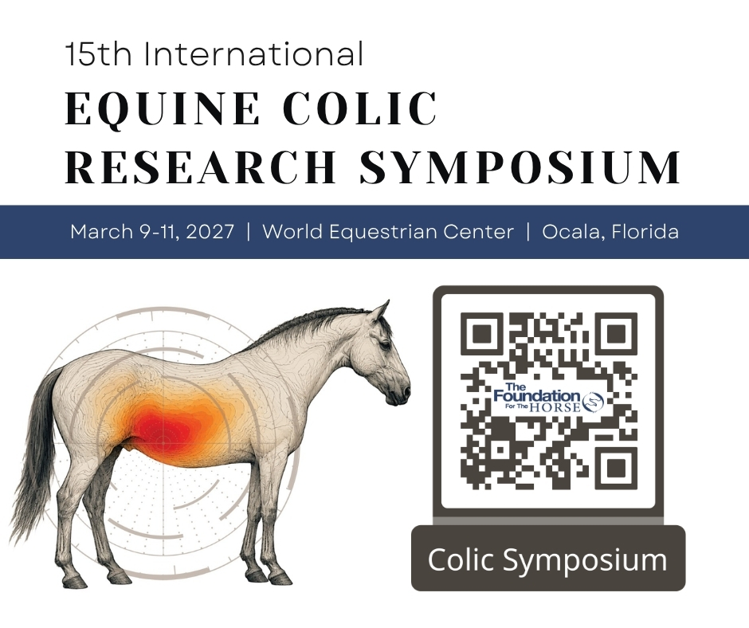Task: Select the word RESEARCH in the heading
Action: (201, 167)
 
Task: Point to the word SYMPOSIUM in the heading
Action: (520, 167)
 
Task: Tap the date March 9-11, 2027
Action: (152, 232)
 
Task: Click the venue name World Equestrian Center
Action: (388, 232)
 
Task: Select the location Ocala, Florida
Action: (610, 232)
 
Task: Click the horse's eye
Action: (385, 345)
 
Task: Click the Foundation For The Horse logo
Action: (548, 398)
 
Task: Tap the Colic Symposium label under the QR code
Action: (548, 559)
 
